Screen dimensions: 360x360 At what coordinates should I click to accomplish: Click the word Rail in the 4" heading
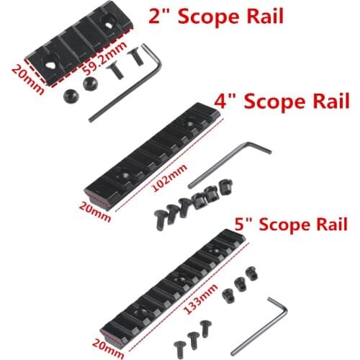coord(329,100)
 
